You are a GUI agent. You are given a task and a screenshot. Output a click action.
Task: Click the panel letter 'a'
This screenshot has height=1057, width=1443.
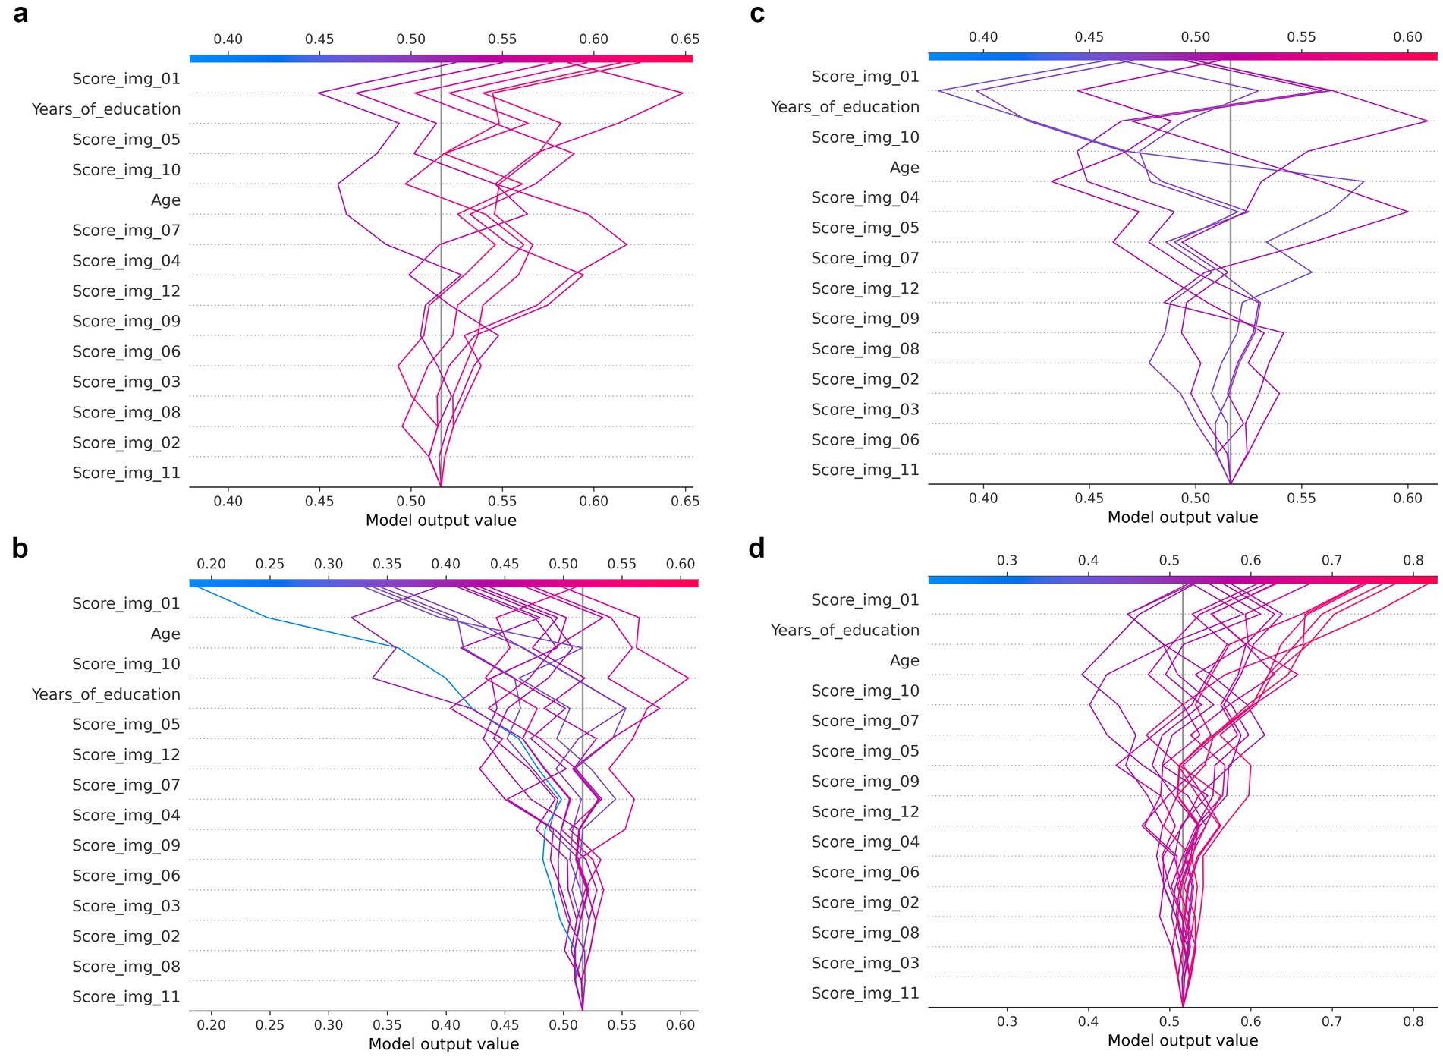20,14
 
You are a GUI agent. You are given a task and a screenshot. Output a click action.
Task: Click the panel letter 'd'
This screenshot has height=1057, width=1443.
756,548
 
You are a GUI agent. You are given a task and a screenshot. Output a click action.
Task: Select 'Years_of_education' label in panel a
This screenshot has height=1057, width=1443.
106,109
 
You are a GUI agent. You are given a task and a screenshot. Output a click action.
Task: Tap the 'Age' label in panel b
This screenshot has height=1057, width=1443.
165,634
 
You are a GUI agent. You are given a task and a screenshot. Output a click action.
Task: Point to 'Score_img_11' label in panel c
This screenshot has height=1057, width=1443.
865,470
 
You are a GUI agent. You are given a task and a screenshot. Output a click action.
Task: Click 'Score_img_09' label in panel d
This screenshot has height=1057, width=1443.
865,782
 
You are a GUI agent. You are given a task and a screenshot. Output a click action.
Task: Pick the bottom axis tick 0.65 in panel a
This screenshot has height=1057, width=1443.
685,501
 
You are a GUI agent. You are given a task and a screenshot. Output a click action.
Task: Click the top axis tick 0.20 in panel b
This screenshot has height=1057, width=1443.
211,564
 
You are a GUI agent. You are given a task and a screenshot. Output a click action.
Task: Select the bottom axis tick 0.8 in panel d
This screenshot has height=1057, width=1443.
1413,1021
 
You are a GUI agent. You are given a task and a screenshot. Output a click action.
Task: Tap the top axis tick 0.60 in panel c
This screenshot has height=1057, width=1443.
1408,37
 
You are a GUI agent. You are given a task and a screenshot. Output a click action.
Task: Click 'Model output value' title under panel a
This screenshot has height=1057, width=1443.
441,521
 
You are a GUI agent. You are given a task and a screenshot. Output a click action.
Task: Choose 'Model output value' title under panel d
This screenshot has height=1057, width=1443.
1183,1040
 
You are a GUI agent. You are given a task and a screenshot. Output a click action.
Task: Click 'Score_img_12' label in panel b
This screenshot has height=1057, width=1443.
126,754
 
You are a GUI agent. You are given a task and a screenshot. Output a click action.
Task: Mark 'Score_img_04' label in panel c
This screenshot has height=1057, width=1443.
865,197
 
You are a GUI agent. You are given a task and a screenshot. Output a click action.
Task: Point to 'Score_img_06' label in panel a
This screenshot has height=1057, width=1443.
126,351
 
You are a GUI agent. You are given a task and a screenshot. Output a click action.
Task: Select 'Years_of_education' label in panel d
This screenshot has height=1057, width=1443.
844,630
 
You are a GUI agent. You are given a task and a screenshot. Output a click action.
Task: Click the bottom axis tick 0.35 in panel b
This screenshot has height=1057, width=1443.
387,1024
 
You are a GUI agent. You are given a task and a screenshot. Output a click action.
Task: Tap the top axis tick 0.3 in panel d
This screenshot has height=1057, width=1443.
1007,560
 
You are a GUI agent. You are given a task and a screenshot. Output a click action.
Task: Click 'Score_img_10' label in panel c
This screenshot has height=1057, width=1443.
865,137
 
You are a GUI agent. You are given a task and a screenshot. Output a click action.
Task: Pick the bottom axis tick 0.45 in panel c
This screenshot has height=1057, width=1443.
1089,498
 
